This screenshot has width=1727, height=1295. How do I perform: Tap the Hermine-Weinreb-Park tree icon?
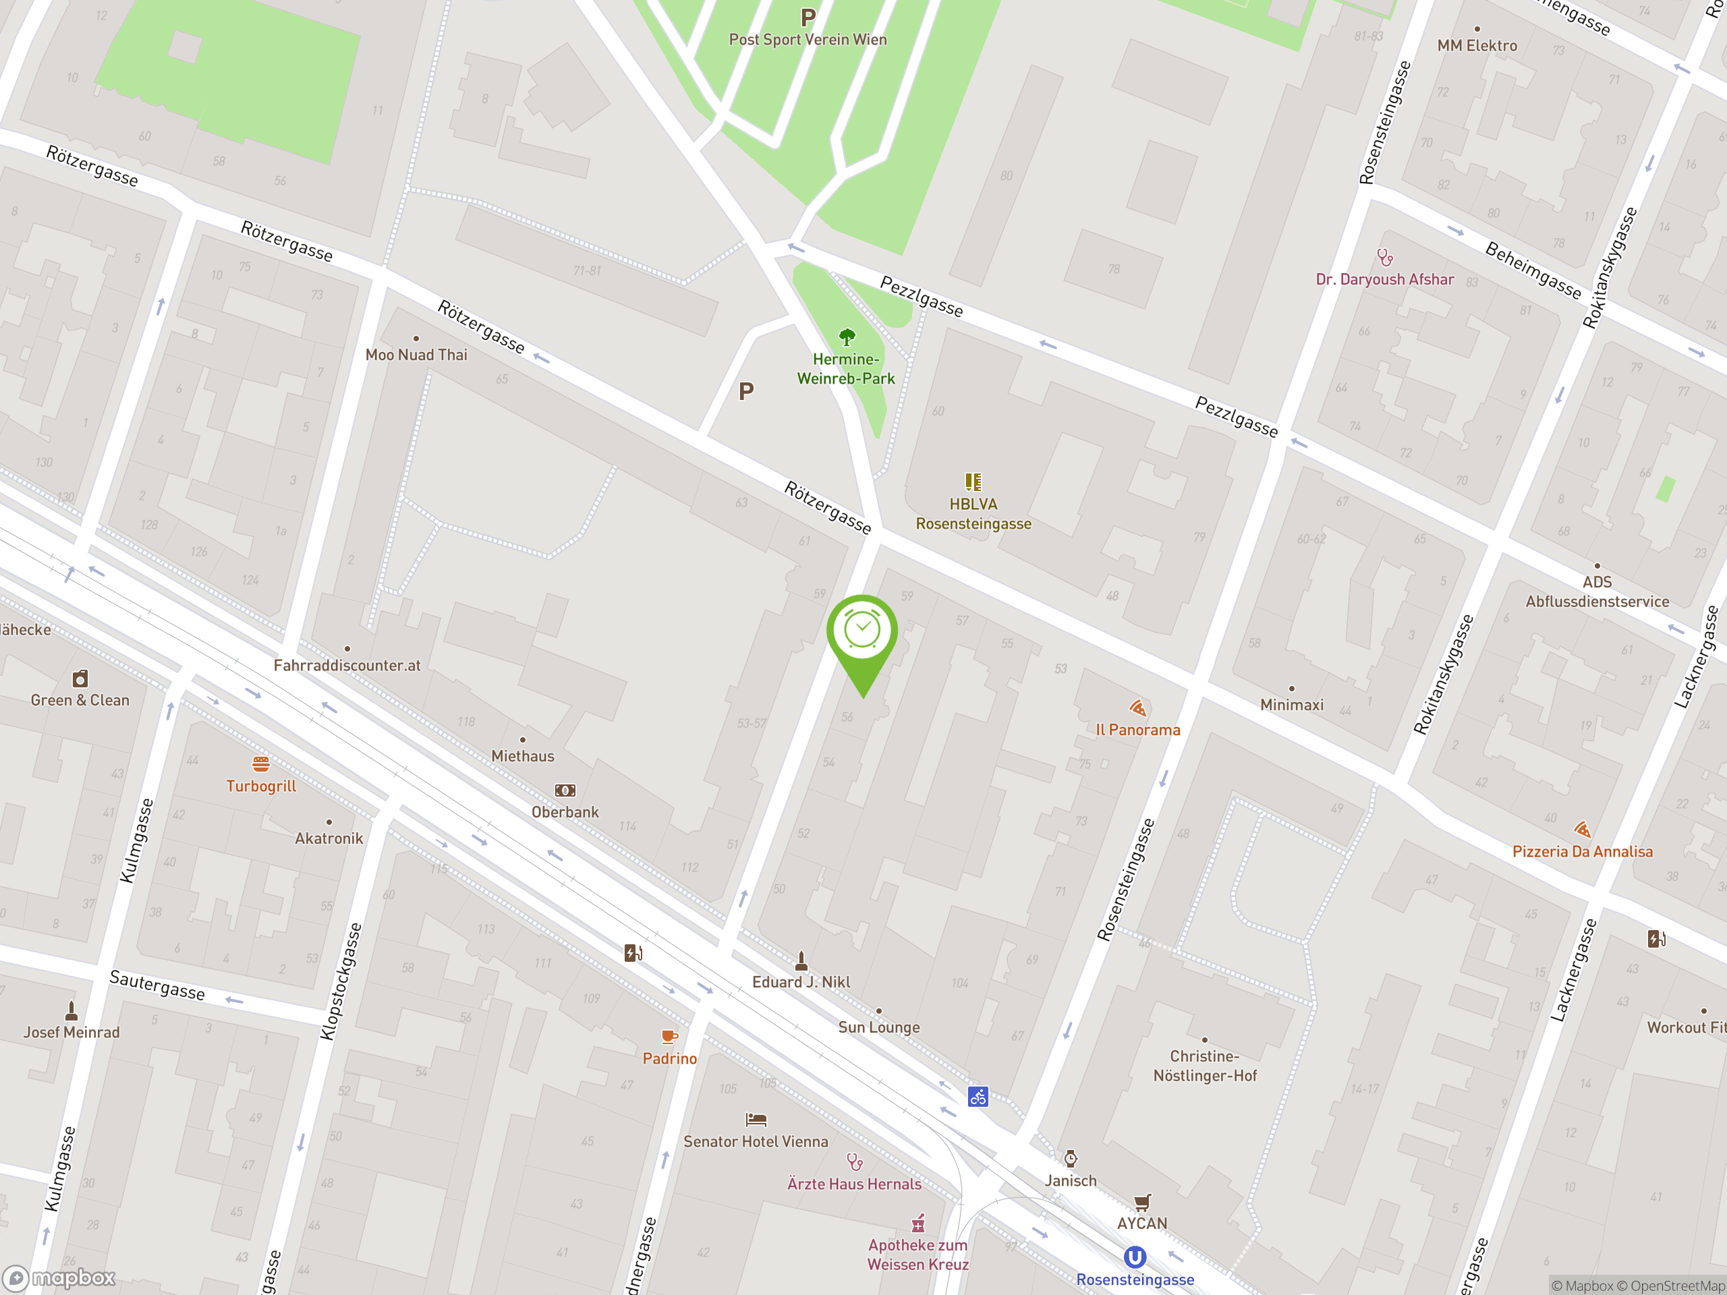[x=847, y=337]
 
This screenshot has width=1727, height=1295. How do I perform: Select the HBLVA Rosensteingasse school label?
[x=973, y=514]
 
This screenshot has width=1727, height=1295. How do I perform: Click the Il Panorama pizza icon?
[x=1137, y=708]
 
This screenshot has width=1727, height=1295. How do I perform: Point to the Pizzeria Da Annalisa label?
[x=1582, y=852]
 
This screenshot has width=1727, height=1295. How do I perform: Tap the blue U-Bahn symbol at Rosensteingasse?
[x=1135, y=1257]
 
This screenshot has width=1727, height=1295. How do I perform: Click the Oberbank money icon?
[x=565, y=790]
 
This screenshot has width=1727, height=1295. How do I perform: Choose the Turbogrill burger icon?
[x=261, y=764]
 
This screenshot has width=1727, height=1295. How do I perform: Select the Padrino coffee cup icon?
[x=669, y=1037]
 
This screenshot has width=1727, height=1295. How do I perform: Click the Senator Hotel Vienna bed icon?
[x=756, y=1120]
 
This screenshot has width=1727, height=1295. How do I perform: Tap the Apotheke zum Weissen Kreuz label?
[x=918, y=1255]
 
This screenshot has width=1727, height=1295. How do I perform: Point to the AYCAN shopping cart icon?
[x=1142, y=1202]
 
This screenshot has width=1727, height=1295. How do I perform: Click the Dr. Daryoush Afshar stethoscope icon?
[x=1385, y=257]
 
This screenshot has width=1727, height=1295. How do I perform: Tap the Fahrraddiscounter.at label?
[x=347, y=666]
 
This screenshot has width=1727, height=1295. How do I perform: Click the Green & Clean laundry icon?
[x=80, y=679]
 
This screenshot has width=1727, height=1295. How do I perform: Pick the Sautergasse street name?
[x=157, y=985]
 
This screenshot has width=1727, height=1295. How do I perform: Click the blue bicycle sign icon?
[x=978, y=1097]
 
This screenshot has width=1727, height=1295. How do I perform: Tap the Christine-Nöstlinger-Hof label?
[x=1205, y=1066]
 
